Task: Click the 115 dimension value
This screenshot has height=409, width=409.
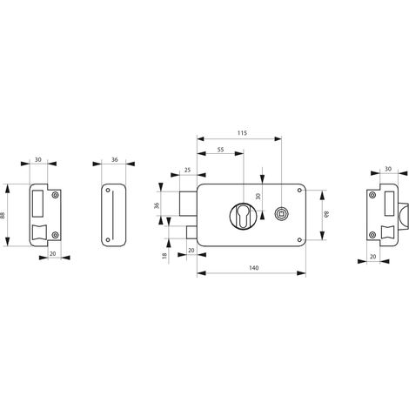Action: pyautogui.click(x=242, y=133)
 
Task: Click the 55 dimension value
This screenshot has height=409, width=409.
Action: pyautogui.click(x=220, y=150)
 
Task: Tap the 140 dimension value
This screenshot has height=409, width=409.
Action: pyautogui.click(x=254, y=268)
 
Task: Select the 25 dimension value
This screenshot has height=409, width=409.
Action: pyautogui.click(x=188, y=170)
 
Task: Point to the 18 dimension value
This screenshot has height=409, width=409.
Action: pyautogui.click(x=164, y=256)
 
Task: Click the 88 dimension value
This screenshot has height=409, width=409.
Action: pyautogui.click(x=3, y=215)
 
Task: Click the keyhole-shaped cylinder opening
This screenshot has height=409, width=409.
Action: pyautogui.click(x=243, y=216)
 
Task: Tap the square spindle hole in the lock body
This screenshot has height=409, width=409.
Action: pyautogui.click(x=280, y=214)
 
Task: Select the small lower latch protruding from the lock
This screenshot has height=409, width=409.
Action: pyautogui.click(x=191, y=232)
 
